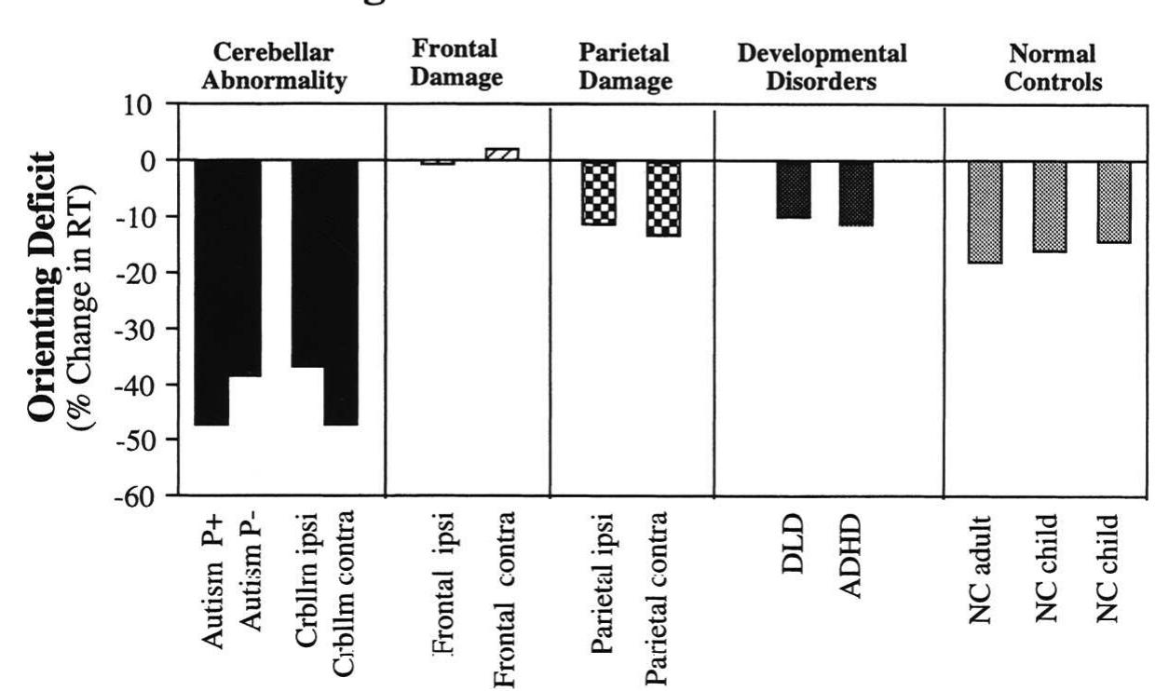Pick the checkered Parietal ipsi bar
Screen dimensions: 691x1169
point(598,193)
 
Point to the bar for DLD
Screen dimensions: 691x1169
point(794,189)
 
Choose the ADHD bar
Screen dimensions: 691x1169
point(855,193)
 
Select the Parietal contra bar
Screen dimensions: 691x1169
point(663,198)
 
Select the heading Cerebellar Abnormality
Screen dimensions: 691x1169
point(277,66)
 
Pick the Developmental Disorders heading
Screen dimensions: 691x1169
point(822,66)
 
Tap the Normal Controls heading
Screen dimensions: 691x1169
point(1053,66)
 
